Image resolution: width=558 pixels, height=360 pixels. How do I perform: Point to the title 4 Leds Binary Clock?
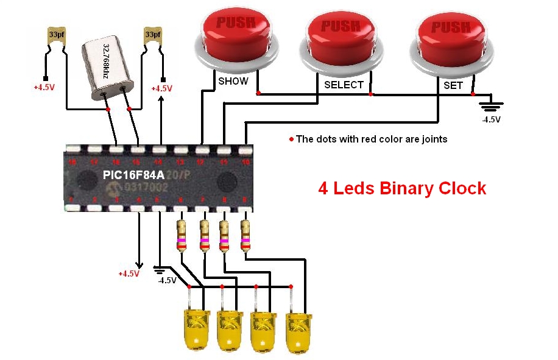click(x=402, y=188)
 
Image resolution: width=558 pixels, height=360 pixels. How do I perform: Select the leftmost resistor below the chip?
click(x=181, y=235)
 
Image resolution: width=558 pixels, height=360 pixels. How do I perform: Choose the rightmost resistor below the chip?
click(x=245, y=235)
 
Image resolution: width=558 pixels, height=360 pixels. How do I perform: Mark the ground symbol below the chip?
click(x=160, y=269)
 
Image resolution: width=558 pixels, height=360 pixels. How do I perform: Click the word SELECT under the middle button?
click(x=344, y=85)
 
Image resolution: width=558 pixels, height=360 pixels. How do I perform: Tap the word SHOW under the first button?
click(x=233, y=81)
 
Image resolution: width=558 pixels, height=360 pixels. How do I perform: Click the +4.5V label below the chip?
click(x=129, y=274)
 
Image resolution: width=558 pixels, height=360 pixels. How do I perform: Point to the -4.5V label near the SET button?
click(x=491, y=119)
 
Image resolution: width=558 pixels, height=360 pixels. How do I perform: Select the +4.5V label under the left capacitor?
click(x=44, y=87)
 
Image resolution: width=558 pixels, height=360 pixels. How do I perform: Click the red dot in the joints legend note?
click(x=291, y=139)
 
